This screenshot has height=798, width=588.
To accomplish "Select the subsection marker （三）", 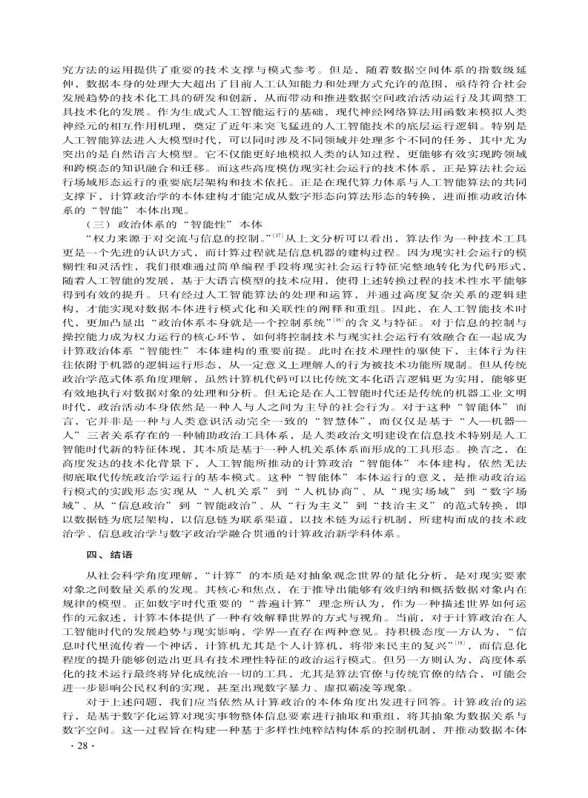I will (100, 225).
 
